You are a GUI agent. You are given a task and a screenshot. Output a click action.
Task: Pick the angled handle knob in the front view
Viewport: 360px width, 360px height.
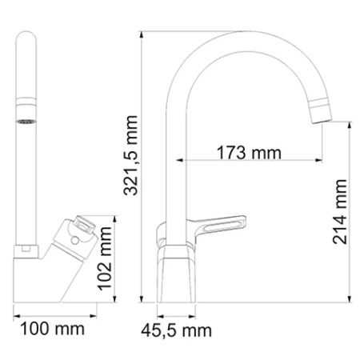(81, 233)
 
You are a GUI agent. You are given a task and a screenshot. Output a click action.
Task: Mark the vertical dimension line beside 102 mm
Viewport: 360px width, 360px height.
(117, 265)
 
